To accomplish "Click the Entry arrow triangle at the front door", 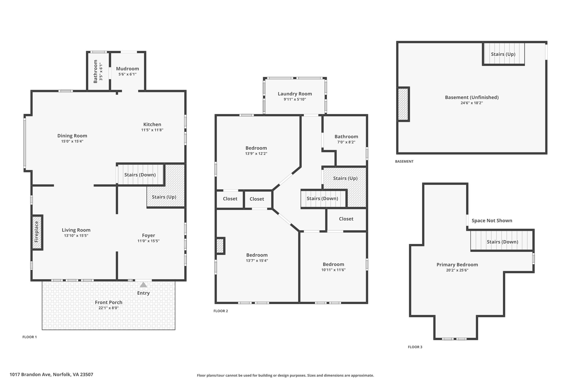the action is click(143, 285).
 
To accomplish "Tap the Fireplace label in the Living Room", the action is click(37, 232).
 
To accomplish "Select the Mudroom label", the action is click(127, 69).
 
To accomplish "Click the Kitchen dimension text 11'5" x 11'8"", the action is click(152, 130).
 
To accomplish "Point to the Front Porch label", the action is click(109, 302).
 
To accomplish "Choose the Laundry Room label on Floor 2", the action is click(295, 94).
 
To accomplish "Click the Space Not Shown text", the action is click(492, 221).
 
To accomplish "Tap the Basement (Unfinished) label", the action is click(472, 97).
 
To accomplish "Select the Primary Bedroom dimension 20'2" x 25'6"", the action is click(457, 270).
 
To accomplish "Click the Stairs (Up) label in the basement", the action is click(503, 54).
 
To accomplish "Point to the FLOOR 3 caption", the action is click(415, 347).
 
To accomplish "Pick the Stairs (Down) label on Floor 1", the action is click(140, 175).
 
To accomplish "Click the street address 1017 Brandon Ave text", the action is click(30, 375).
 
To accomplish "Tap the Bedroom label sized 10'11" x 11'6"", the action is click(333, 264).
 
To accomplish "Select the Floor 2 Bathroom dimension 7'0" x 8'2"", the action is click(346, 142).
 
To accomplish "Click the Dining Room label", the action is click(72, 136).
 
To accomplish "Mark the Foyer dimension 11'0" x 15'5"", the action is click(148, 241).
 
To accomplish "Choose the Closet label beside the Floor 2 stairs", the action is click(346, 219).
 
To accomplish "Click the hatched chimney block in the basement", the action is click(403, 104).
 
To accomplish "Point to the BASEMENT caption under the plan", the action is click(404, 161).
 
